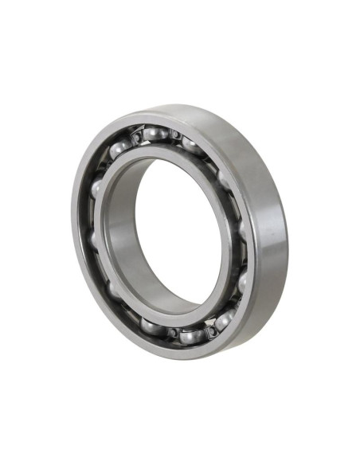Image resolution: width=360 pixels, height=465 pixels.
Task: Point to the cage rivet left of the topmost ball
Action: [x=137, y=139]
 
